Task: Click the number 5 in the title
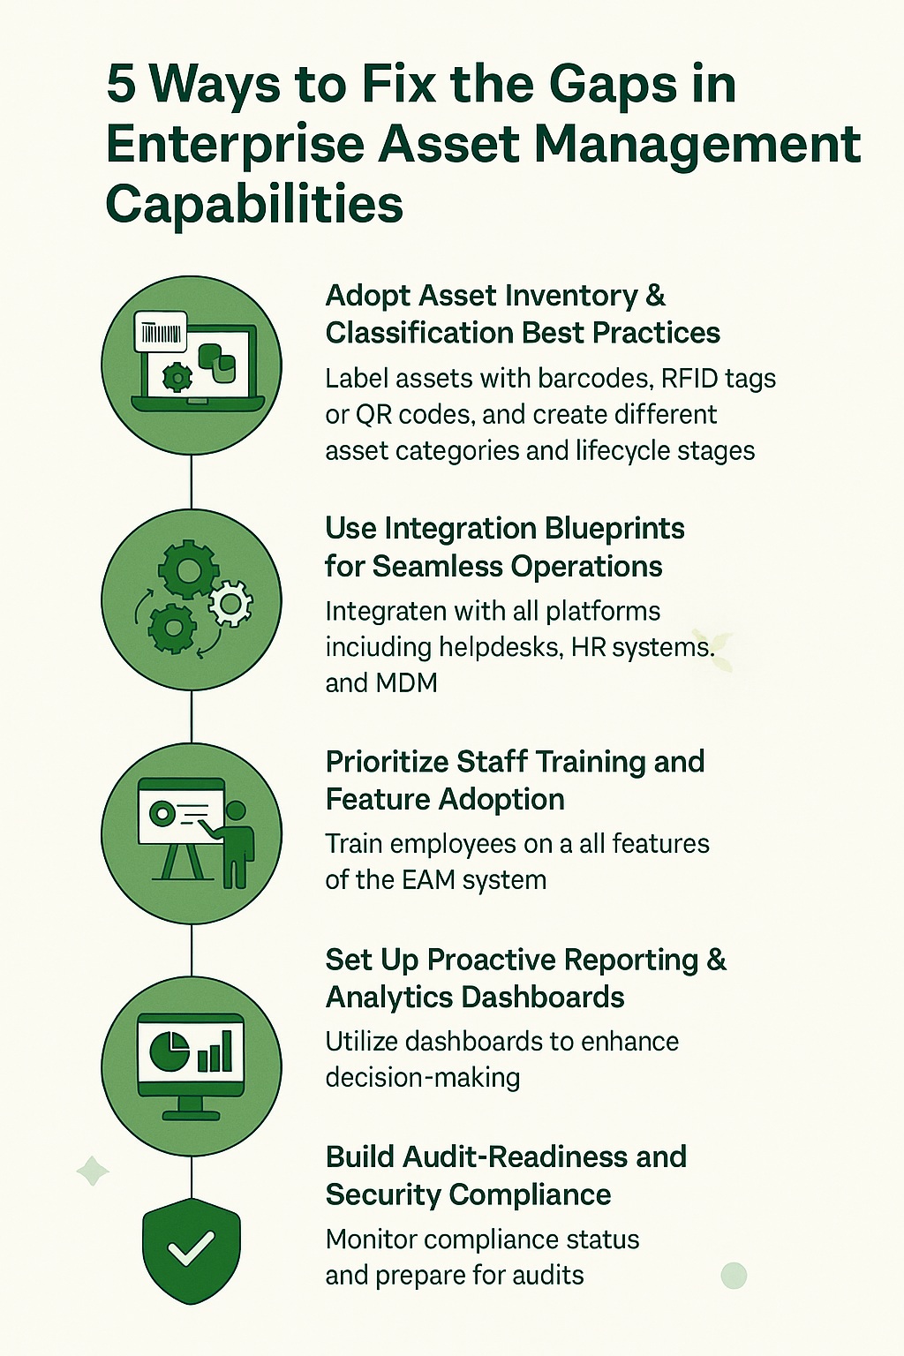coord(121,85)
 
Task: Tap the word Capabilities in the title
coord(254,205)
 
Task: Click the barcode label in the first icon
coord(160,333)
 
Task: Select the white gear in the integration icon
coord(230,604)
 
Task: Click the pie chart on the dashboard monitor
coord(169,1051)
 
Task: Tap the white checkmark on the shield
coord(191,1248)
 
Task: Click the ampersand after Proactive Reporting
coord(716,960)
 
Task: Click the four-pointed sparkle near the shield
coord(93,1171)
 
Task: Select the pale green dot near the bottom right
coord(734,1275)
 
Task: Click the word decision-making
coord(422,1078)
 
